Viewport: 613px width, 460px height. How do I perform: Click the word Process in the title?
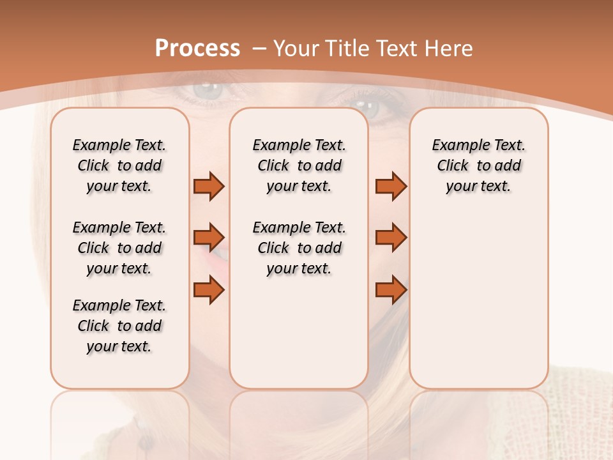click(197, 49)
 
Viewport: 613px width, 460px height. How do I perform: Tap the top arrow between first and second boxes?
click(209, 186)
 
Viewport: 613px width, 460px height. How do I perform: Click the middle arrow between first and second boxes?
click(209, 238)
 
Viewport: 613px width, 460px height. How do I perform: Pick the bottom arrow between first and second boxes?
click(209, 291)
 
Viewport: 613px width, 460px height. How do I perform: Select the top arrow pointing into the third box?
click(391, 186)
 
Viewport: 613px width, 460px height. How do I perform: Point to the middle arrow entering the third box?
click(391, 238)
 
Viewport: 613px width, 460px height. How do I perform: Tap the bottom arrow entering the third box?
click(391, 291)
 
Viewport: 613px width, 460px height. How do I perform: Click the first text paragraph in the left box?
click(119, 165)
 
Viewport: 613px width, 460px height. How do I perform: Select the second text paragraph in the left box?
click(119, 248)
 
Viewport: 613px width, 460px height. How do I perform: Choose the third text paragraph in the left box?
click(119, 326)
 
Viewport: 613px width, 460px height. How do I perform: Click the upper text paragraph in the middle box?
click(299, 165)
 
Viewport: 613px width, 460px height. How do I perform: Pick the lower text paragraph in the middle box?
click(299, 248)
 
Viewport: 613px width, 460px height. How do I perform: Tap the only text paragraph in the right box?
click(478, 165)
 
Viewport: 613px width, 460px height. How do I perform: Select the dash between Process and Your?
click(259, 49)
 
